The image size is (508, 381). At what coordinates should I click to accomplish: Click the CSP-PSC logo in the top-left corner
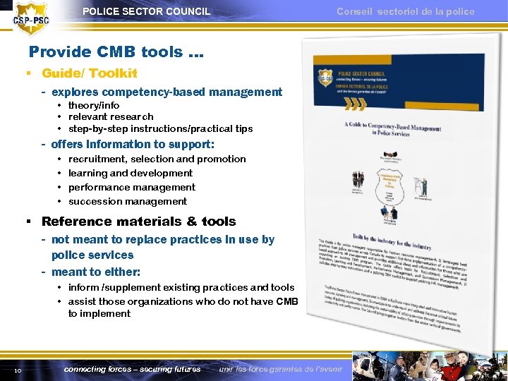(32, 18)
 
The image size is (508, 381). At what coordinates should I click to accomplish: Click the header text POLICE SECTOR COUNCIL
(146, 11)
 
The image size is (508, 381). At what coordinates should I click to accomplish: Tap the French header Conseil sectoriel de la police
(405, 11)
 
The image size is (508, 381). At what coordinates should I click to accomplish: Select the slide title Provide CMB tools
(116, 52)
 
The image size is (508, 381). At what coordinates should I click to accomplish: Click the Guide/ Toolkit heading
(89, 73)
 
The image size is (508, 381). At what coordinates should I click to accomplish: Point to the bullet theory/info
(94, 105)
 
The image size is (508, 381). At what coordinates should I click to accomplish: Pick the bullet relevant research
(111, 116)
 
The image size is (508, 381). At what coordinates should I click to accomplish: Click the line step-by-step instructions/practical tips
(160, 128)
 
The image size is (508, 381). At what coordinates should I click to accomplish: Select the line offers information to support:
(133, 144)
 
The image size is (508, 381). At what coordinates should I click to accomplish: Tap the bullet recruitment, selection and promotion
(157, 159)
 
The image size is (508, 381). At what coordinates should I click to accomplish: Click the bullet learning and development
(131, 173)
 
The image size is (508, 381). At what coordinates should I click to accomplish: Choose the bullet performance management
(132, 187)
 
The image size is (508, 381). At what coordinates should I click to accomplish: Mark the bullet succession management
(128, 201)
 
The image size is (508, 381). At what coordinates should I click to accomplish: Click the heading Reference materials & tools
(138, 222)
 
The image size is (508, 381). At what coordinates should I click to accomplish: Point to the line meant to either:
(96, 272)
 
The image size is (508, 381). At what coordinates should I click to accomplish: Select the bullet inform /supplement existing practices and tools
(181, 287)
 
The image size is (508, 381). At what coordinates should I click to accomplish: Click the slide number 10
(18, 370)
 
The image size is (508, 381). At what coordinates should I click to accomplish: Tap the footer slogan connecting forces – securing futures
(132, 369)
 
